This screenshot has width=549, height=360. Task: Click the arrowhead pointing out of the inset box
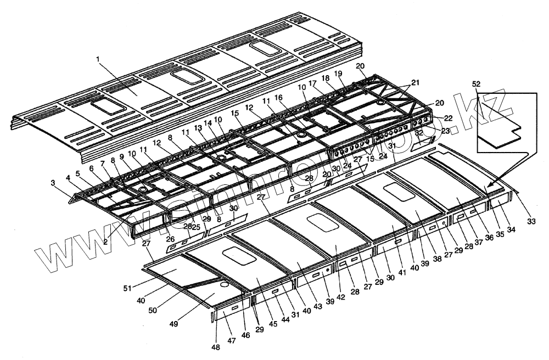(488, 187)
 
